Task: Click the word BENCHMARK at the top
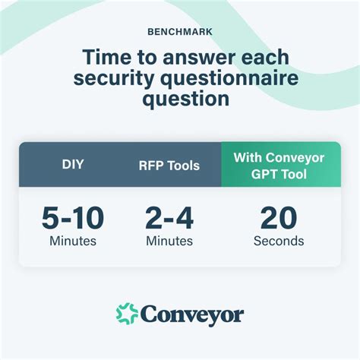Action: click(x=179, y=33)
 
